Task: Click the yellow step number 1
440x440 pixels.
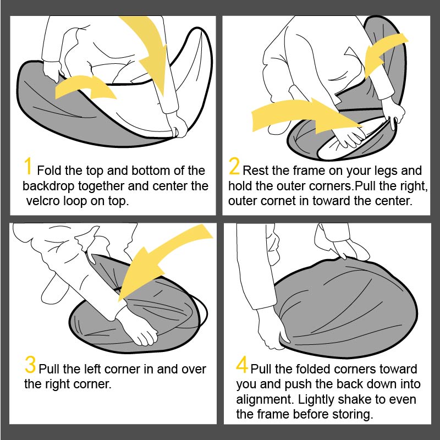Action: (28, 166)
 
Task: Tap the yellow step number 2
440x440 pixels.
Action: (234, 166)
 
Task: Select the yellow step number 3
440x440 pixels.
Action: (30, 364)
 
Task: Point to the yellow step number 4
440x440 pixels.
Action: (242, 364)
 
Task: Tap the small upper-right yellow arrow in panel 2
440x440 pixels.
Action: (384, 53)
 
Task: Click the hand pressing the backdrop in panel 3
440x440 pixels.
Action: (137, 327)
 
